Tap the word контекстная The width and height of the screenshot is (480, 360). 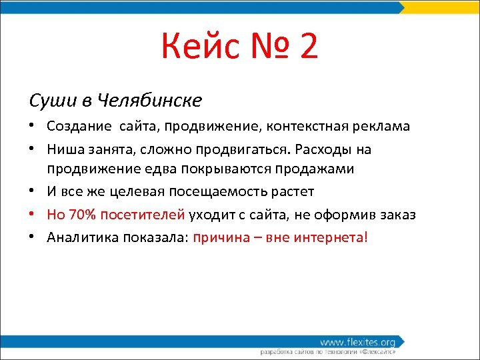pyautogui.click(x=303, y=126)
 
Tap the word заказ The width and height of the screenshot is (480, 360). pyautogui.click(x=399, y=215)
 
